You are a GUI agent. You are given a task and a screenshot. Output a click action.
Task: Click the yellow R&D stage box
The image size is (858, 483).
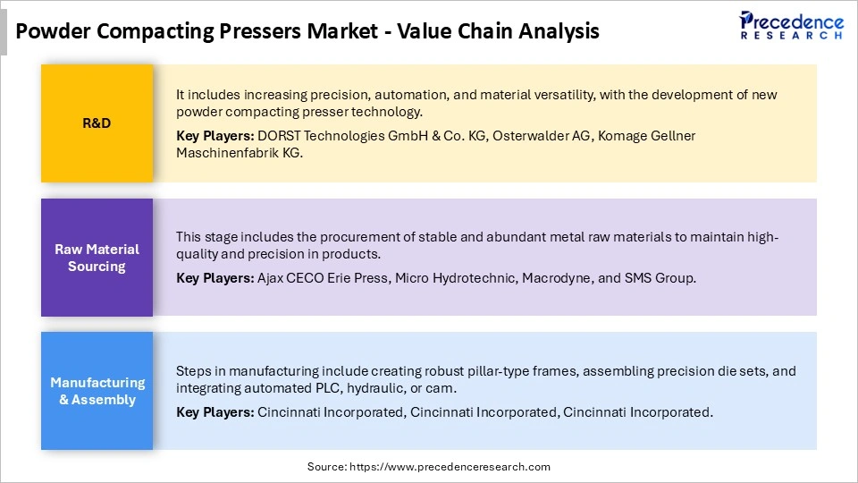pos(97,123)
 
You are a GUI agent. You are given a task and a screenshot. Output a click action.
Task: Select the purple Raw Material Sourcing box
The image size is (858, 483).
pos(97,258)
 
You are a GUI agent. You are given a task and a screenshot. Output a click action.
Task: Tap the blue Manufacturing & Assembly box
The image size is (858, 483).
pos(97,391)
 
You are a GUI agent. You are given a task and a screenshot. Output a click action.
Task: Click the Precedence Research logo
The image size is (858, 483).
pos(791,25)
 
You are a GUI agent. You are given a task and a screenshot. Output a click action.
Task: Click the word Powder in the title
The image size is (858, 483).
pos(51,31)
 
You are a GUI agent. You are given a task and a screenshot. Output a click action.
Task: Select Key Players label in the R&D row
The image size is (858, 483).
pos(214,135)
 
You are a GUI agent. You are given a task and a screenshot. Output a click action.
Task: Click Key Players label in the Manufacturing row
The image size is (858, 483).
pos(214,412)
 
